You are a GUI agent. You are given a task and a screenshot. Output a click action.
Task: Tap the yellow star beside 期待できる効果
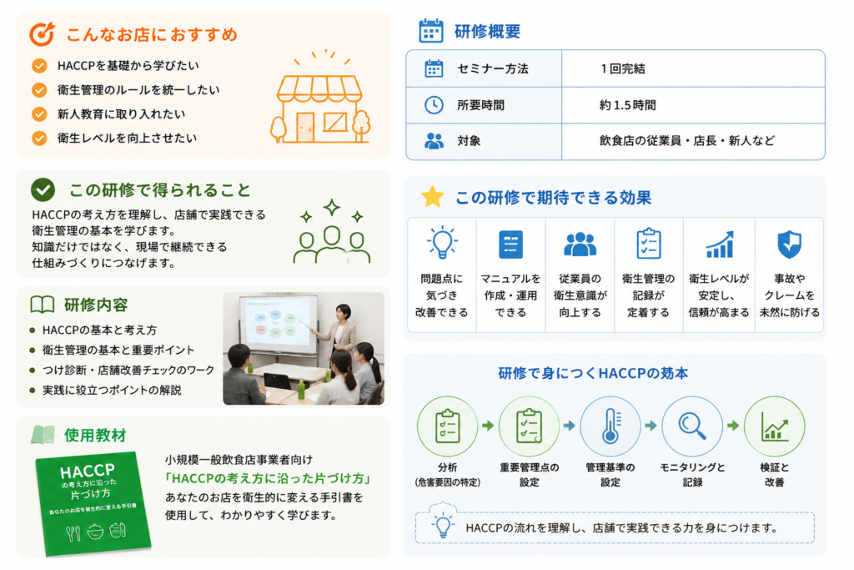(433, 197)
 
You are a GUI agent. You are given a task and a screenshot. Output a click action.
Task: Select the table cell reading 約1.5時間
(627, 105)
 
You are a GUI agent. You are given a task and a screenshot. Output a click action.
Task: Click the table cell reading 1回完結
(622, 68)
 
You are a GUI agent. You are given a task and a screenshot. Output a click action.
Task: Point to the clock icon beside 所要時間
(434, 105)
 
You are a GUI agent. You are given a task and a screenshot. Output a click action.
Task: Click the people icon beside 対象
(434, 141)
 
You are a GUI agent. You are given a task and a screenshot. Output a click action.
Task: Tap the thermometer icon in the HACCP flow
(610, 426)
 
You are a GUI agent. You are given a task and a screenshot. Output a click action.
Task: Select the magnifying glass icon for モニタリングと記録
(691, 426)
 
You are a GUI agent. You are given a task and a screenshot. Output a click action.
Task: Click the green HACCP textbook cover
(93, 503)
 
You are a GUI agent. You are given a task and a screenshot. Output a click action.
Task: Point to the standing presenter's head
(343, 313)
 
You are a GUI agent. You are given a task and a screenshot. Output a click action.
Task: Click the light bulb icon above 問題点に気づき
(442, 243)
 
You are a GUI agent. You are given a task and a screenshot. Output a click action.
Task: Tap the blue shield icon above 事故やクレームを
(789, 244)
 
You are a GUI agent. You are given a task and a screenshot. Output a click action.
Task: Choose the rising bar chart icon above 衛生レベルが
(720, 244)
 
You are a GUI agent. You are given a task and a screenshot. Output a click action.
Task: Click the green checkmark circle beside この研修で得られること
(43, 189)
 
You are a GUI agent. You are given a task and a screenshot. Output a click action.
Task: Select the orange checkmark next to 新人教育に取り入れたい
(39, 113)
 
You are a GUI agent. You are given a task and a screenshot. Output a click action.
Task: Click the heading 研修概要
(487, 32)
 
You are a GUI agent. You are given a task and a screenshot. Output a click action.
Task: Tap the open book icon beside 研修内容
(43, 305)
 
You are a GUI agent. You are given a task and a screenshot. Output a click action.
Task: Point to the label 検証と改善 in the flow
(774, 475)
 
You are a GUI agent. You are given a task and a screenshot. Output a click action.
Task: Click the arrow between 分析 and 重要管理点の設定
(488, 426)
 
